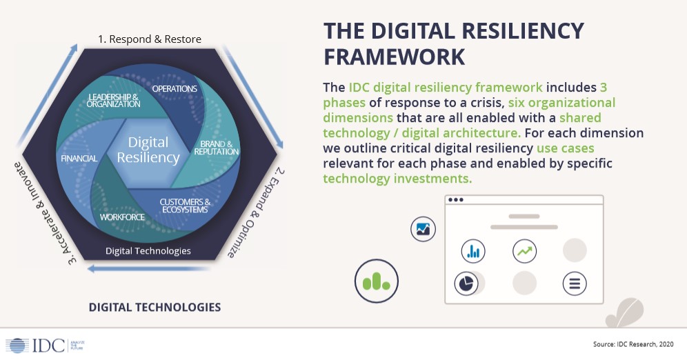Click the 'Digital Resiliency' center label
tap(148, 150)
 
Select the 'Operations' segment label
tap(175, 89)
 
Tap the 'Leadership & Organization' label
tap(114, 100)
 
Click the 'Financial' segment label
tap(80, 159)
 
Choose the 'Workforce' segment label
tap(122, 217)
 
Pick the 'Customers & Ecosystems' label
tap(183, 206)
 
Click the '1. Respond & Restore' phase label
tap(150, 39)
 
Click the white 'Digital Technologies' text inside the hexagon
tap(148, 250)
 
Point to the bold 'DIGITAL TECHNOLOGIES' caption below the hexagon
tap(155, 307)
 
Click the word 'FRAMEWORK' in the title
tap(395, 57)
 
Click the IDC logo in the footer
tap(35, 344)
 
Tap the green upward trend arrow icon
tap(525, 252)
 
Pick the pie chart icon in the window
tap(466, 283)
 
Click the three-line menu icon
tap(574, 283)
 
